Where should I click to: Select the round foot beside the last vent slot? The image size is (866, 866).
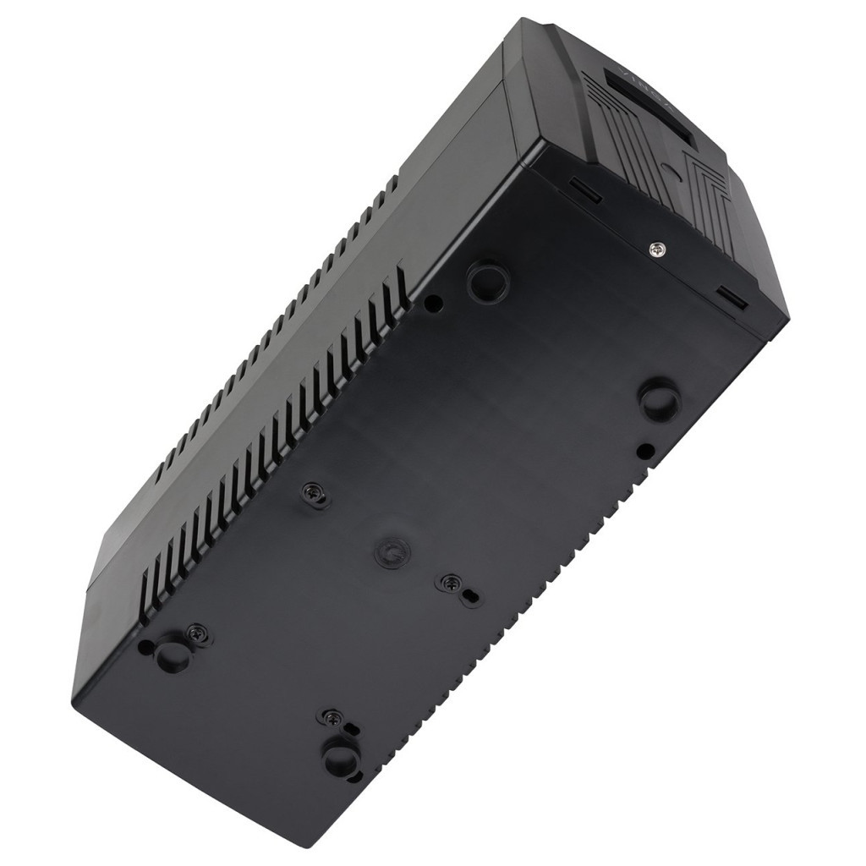point(490,281)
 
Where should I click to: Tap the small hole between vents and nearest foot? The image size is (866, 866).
point(432,302)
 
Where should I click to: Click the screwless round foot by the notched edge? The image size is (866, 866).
point(660,398)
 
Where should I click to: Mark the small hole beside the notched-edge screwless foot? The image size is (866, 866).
point(645,450)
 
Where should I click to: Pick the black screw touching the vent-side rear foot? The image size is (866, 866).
point(196,632)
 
